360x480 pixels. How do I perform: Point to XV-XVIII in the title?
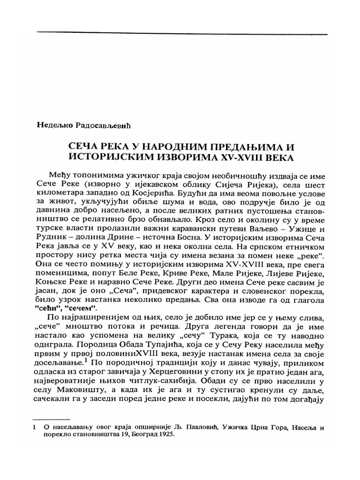tap(255, 158)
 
